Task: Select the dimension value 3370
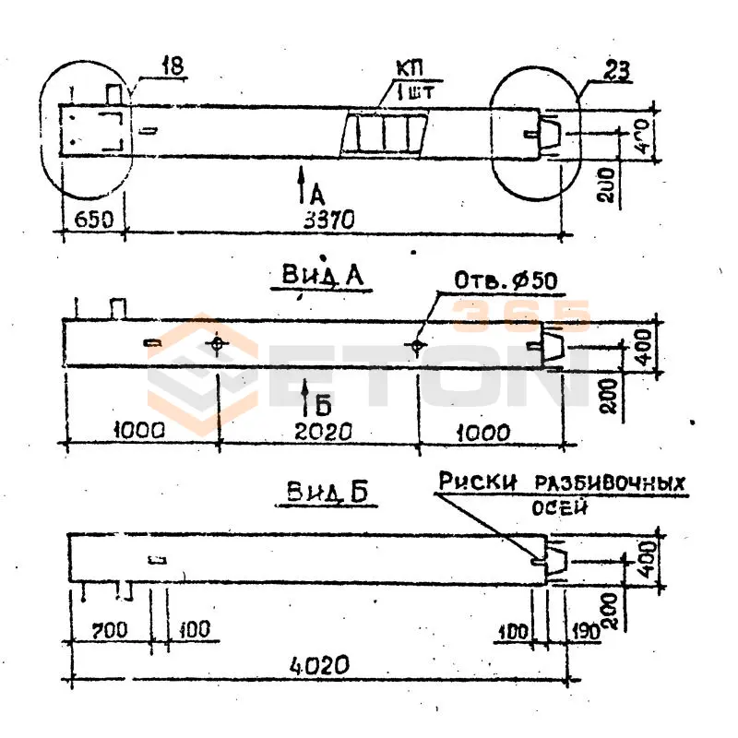click(x=330, y=221)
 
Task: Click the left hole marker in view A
click(x=217, y=345)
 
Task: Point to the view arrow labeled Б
click(x=310, y=401)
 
